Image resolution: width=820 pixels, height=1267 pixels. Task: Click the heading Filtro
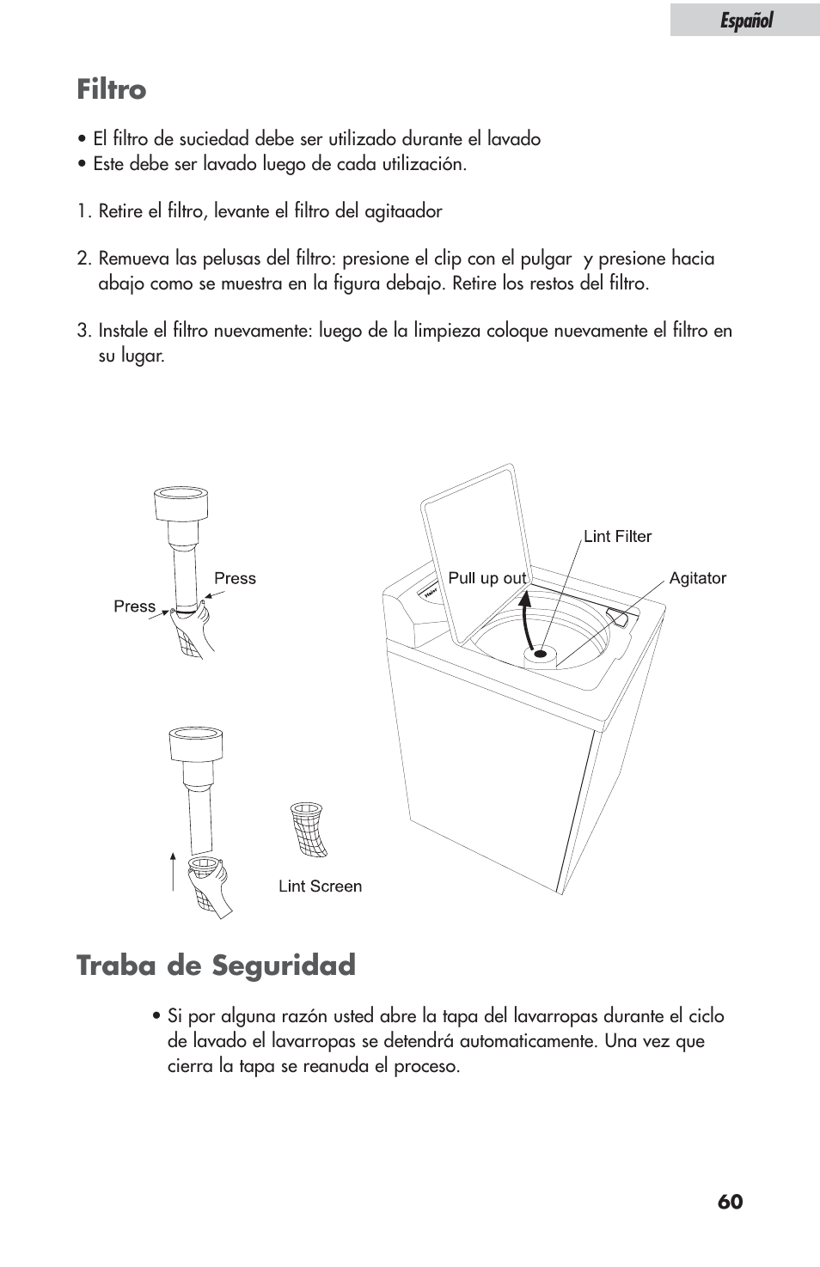click(112, 89)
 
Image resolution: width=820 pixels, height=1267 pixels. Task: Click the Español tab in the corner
click(745, 20)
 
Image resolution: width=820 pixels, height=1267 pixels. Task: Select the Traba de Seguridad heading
click(217, 965)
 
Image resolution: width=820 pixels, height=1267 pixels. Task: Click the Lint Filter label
click(617, 536)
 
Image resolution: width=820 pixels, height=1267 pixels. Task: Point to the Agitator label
click(698, 578)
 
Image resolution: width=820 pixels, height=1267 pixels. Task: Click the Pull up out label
click(487, 578)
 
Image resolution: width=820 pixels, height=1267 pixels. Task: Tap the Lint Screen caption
click(320, 886)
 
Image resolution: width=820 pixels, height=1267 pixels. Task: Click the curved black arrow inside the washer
click(526, 619)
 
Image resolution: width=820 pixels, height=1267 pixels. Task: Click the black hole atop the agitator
click(540, 654)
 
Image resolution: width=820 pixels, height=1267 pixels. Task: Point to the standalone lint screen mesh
click(309, 829)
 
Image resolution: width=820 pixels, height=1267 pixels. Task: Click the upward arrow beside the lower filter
click(173, 872)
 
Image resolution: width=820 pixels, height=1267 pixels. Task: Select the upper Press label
click(235, 578)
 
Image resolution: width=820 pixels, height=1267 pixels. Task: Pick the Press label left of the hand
click(135, 606)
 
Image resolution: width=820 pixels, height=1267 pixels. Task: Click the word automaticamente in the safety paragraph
click(529, 1041)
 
